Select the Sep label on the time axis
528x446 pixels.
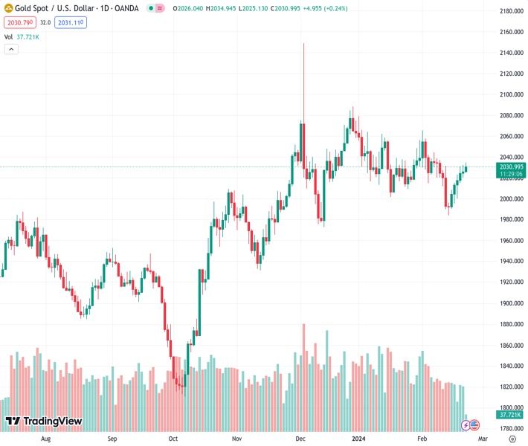point(112,439)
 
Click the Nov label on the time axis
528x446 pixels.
point(237,439)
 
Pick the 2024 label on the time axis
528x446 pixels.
point(359,439)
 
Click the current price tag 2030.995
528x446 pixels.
point(512,167)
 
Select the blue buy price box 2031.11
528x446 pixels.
point(71,23)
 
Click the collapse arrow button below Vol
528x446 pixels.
point(11,49)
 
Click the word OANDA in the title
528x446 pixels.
point(125,8)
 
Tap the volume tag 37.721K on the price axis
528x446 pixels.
point(512,415)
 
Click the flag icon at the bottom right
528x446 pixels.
point(474,425)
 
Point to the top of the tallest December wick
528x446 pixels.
point(303,43)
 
